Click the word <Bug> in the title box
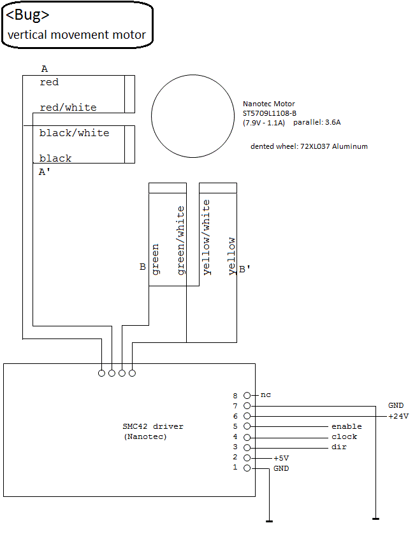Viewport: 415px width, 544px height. [28, 15]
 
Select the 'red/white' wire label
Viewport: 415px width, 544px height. [68, 108]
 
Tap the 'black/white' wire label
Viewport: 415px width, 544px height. [74, 133]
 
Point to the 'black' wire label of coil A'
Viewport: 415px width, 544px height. [55, 158]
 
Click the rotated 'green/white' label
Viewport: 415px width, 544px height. [180, 241]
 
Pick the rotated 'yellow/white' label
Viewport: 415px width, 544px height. [206, 237]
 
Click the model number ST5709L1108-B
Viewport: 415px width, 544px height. [270, 113]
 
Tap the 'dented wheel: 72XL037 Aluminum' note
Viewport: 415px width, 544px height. [309, 146]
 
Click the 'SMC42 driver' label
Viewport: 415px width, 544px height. [153, 426]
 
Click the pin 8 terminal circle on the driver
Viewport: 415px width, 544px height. [247, 395]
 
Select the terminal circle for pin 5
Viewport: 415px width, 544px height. [247, 426]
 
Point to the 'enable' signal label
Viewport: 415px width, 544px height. [346, 426]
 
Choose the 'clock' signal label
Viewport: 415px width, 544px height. [344, 436]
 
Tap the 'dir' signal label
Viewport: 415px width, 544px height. [339, 447]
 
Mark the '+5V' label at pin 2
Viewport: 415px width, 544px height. [281, 457]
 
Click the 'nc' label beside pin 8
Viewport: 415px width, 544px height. [266, 395]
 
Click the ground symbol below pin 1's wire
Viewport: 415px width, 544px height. [269, 521]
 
